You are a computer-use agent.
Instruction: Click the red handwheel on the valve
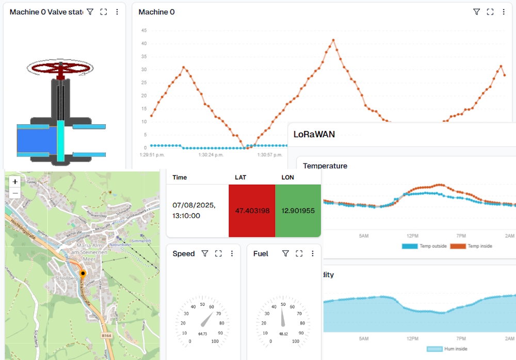(61, 68)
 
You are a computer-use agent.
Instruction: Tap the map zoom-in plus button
(15, 182)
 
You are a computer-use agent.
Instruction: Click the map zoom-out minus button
(15, 193)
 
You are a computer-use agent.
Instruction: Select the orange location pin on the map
(83, 273)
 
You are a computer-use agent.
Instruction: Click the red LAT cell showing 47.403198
(252, 210)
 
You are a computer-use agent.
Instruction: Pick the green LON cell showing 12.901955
(298, 210)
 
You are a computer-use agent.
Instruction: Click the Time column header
(180, 177)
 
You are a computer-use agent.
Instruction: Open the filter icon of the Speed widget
(205, 254)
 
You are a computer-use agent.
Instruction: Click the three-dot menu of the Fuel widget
(313, 254)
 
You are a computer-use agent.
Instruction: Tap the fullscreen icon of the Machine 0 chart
(490, 12)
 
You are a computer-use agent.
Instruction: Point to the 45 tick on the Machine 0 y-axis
(144, 30)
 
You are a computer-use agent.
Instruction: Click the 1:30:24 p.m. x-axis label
(211, 154)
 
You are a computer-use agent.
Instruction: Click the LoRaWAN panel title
(314, 135)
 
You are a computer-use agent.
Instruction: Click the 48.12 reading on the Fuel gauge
(282, 334)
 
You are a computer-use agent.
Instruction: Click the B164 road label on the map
(106, 336)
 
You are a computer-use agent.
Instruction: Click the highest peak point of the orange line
(334, 40)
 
